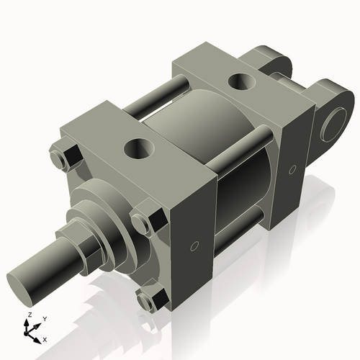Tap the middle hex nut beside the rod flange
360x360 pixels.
click(x=146, y=221)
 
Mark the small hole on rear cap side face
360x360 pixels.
click(x=292, y=170)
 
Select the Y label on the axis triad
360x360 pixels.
click(x=45, y=318)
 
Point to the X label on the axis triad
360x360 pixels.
click(x=45, y=338)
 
